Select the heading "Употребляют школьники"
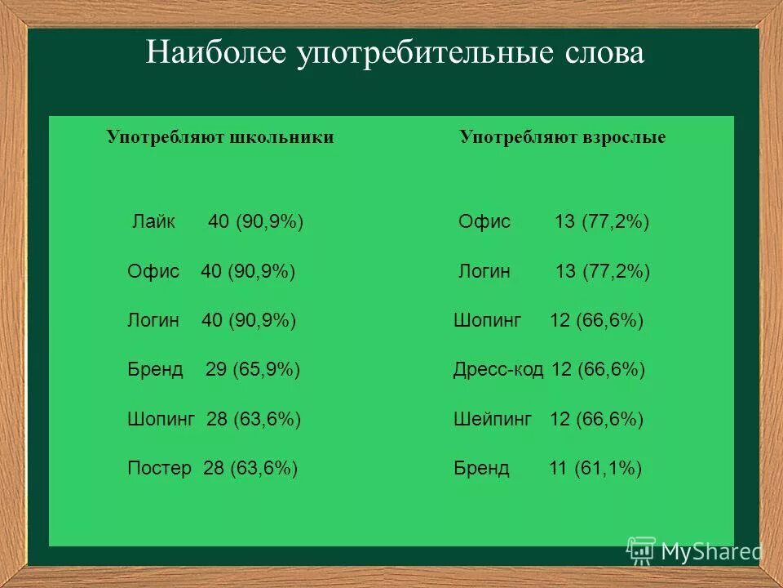coord(220,137)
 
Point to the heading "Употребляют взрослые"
coord(562,137)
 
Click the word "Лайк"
coord(153,222)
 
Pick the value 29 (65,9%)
coord(253,370)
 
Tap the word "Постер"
coord(160,469)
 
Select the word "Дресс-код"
coord(498,370)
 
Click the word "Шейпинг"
coord(493,420)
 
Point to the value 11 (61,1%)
coord(595,469)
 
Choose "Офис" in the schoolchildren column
coord(153,272)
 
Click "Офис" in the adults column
coord(484,222)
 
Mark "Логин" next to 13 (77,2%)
coord(484,272)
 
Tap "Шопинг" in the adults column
coord(487,321)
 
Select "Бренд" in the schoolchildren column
coord(155,370)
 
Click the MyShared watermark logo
coord(694,552)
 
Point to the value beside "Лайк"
coord(256,222)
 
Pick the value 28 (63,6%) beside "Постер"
coord(250,469)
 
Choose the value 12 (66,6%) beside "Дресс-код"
coord(598,370)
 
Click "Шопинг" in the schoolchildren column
coord(161,420)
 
